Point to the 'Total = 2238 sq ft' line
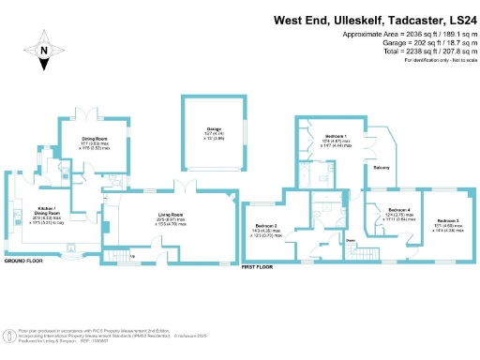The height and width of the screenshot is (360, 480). pos(412,51)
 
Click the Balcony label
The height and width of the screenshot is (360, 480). pos(382,169)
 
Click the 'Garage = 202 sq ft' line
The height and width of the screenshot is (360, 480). pos(419,42)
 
